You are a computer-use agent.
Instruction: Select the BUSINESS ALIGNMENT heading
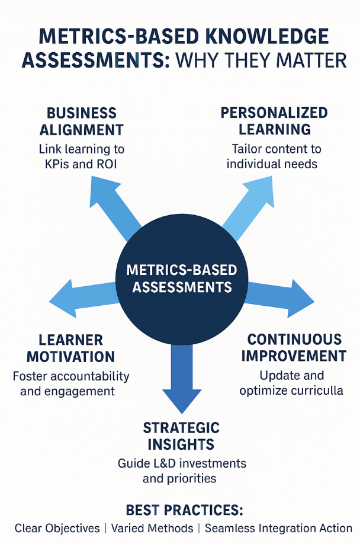(82, 121)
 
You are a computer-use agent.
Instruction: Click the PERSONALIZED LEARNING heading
(274, 120)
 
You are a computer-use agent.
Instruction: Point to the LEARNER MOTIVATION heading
(70, 348)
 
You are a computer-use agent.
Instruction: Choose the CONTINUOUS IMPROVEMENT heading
(294, 348)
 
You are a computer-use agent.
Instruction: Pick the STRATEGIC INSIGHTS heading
(181, 436)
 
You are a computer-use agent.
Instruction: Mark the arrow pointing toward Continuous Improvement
(278, 295)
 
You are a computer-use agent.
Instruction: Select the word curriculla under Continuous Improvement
(317, 391)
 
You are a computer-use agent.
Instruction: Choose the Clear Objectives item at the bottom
(57, 528)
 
